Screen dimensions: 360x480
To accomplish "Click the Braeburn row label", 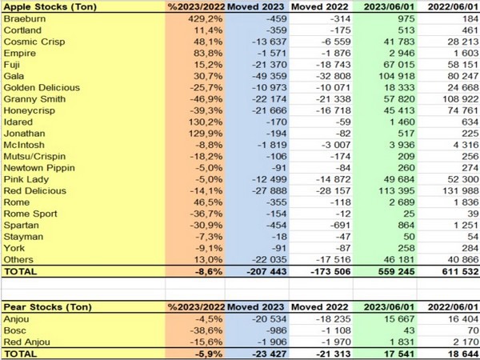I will [x=24, y=18].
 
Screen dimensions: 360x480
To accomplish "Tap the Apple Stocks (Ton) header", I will [x=45, y=6].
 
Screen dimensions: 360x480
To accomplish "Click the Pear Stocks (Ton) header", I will [x=42, y=306].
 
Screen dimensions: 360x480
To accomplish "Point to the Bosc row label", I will [x=17, y=330].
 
